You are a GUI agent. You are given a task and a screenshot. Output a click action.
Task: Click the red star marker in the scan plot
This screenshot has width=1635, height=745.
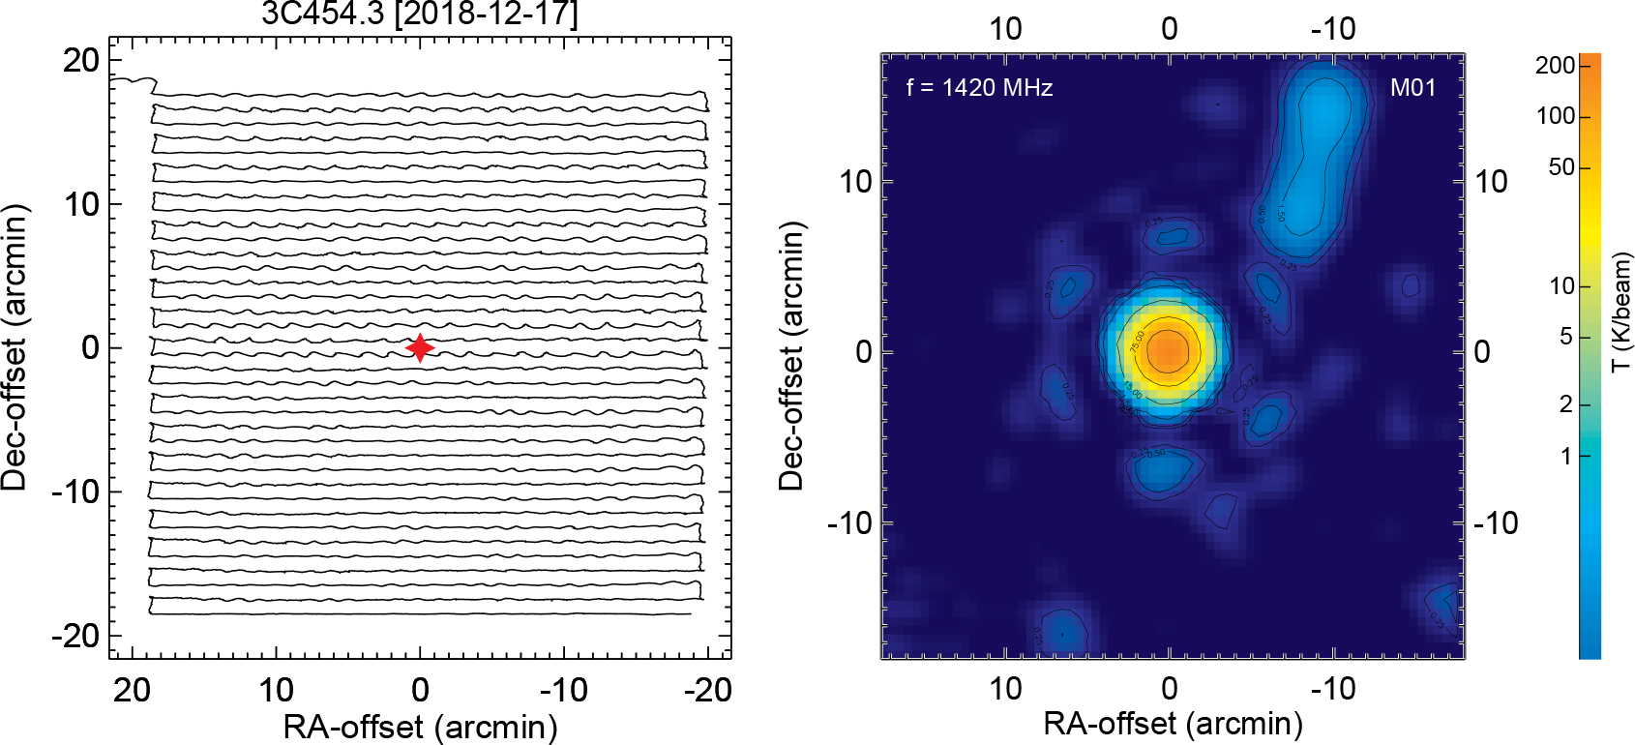click(x=420, y=347)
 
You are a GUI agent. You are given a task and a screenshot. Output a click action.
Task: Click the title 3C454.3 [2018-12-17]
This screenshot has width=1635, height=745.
click(x=419, y=15)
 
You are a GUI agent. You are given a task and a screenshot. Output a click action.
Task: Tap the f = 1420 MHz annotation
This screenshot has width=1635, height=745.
click(x=979, y=88)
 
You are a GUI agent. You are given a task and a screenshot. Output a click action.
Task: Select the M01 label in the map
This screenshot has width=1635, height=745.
click(x=1412, y=88)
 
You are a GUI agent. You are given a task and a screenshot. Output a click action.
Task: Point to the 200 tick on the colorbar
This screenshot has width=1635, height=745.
click(x=1556, y=66)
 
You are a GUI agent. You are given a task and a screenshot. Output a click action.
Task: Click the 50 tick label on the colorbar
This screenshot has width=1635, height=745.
click(x=1561, y=167)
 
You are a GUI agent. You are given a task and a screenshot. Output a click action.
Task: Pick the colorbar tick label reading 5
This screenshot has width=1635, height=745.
click(x=1566, y=338)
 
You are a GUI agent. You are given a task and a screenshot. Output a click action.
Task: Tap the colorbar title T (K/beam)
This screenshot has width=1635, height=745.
click(x=1622, y=312)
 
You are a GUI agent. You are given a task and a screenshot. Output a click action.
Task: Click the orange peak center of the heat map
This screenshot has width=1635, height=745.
click(x=1169, y=351)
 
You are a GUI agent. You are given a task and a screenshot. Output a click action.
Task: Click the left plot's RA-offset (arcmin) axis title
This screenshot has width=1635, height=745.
click(x=420, y=727)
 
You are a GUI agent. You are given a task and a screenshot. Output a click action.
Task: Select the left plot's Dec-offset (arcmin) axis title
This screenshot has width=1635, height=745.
click(x=15, y=347)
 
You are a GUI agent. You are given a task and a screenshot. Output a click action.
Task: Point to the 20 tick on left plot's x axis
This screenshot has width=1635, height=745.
click(x=133, y=690)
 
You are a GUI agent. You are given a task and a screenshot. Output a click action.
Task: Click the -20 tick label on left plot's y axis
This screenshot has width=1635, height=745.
click(x=75, y=636)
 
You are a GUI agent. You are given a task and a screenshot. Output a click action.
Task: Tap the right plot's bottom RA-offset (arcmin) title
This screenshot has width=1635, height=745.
click(x=1173, y=724)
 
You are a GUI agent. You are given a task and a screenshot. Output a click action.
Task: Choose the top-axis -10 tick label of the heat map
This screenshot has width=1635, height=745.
click(x=1333, y=29)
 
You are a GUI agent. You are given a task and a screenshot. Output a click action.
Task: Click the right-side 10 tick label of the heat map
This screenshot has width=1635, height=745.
click(x=1491, y=181)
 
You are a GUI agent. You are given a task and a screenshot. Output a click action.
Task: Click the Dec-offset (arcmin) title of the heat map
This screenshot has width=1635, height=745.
click(x=791, y=355)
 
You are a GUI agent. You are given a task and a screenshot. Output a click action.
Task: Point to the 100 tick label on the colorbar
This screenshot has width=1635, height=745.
click(x=1556, y=117)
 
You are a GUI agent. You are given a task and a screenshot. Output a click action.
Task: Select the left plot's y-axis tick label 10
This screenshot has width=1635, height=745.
click(x=81, y=204)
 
